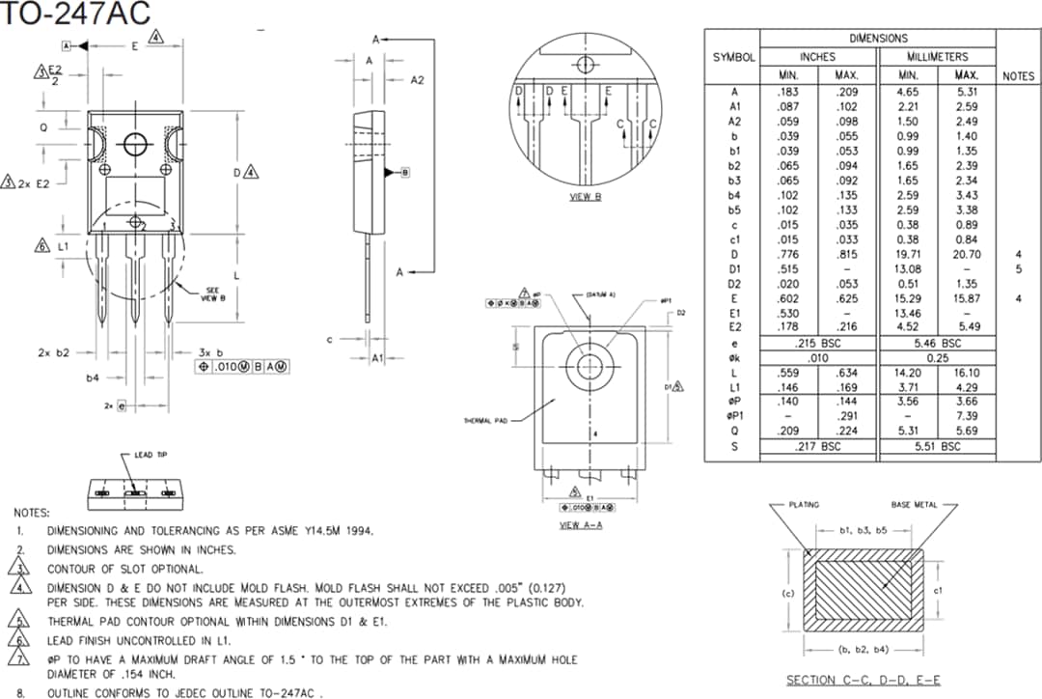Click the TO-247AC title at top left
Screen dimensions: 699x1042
tap(74, 14)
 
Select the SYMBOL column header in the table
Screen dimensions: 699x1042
tap(733, 57)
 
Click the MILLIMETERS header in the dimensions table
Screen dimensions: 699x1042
tap(936, 57)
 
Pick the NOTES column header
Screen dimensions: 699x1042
tap(1018, 75)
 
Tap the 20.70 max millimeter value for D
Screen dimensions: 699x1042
tap(966, 254)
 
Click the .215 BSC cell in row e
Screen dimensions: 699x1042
tap(818, 343)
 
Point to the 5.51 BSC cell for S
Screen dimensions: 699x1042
tap(936, 446)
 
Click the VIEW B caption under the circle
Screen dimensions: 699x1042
tap(585, 197)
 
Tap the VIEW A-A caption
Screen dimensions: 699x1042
tap(581, 525)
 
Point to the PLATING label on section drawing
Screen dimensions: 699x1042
tap(804, 505)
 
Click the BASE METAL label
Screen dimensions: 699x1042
tap(914, 505)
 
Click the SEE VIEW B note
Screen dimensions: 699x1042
tap(212, 294)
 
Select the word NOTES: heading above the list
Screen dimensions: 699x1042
tap(31, 513)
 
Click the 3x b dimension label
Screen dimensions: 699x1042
tap(210, 352)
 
